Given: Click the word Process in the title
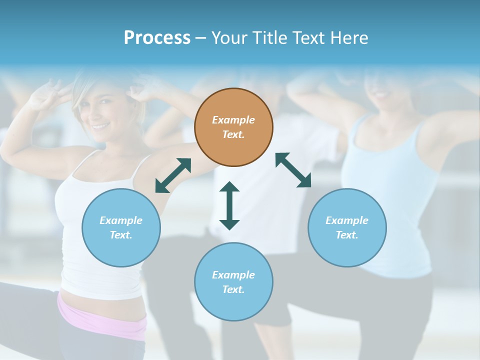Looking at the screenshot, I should pyautogui.click(x=157, y=38).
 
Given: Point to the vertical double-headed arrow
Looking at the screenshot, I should pyautogui.click(x=229, y=205).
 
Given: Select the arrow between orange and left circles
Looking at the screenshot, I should pyautogui.click(x=173, y=175).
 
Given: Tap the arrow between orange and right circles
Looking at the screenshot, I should pyautogui.click(x=293, y=170).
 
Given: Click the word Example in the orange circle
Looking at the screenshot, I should pyautogui.click(x=233, y=120).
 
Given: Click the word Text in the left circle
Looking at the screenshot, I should pyautogui.click(x=120, y=235).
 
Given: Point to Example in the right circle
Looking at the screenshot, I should pyautogui.click(x=347, y=220).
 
